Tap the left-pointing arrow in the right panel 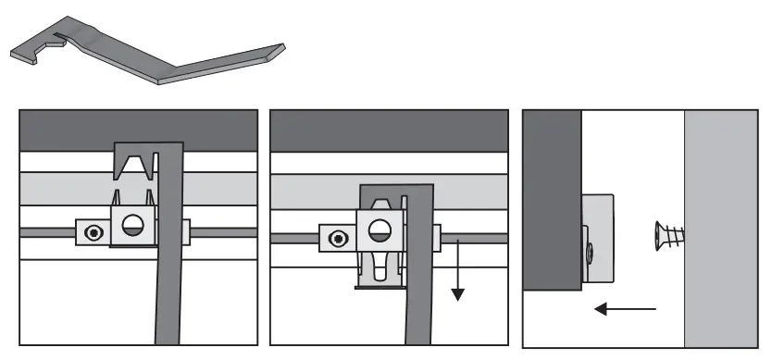[x=626, y=307]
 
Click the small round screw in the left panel [x=93, y=231]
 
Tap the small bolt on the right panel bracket [x=590, y=249]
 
